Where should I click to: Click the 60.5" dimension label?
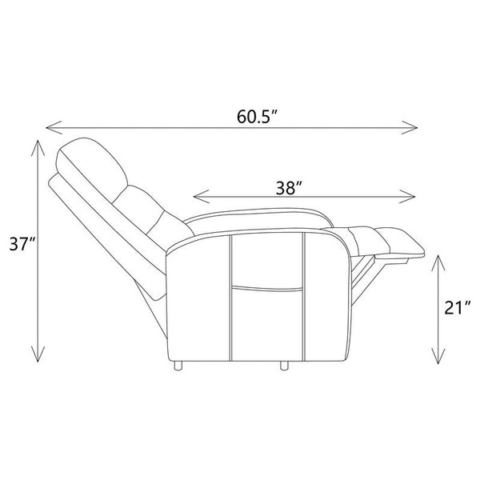click(x=257, y=117)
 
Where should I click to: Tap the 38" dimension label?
click(x=290, y=188)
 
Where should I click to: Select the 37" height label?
click(x=23, y=244)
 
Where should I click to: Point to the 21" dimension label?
click(x=457, y=308)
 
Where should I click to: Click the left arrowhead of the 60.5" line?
click(x=54, y=127)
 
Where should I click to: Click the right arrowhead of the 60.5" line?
click(x=410, y=127)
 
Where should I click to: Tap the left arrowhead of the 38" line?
click(x=202, y=196)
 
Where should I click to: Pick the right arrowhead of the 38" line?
click(x=407, y=196)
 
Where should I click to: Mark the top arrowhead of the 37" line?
click(x=38, y=148)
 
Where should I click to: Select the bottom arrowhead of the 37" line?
click(x=38, y=354)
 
